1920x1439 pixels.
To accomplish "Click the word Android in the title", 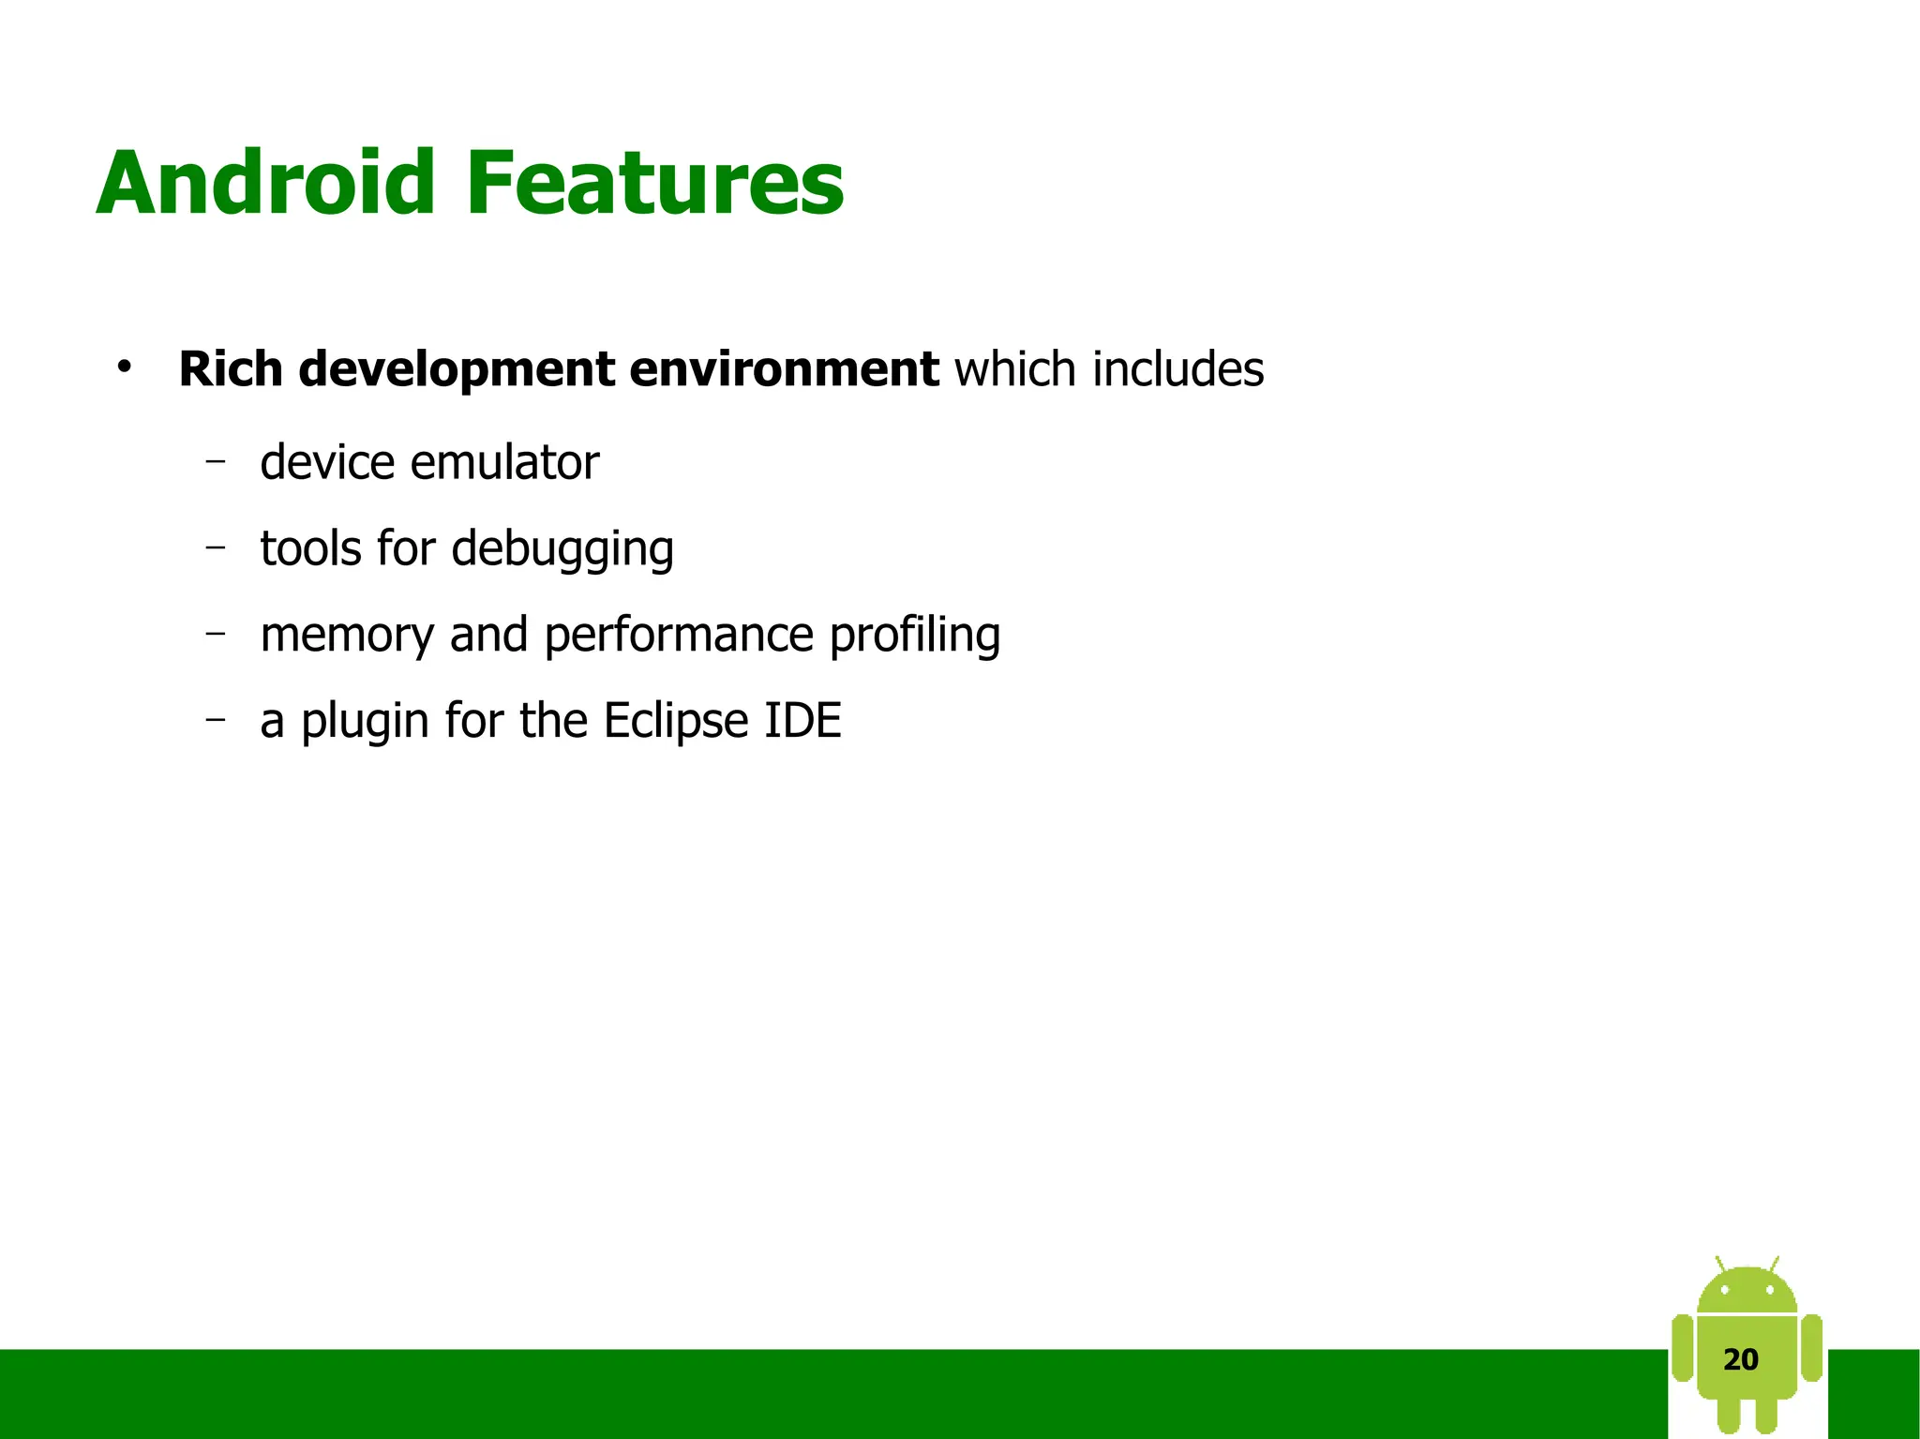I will [x=265, y=183].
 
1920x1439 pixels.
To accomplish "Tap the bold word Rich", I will [x=231, y=368].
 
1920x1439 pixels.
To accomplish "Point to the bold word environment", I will [x=784, y=368].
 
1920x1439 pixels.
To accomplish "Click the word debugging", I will [x=562, y=550].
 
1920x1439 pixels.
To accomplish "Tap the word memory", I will [x=347, y=637].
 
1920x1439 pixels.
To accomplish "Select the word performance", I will [x=679, y=637].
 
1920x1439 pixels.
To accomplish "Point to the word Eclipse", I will [x=676, y=722].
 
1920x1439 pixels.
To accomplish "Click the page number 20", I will [x=1741, y=1359].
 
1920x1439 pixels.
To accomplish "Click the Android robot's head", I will [x=1747, y=1291].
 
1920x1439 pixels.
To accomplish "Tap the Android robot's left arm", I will [x=1683, y=1348].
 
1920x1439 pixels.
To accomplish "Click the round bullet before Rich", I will [x=124, y=367].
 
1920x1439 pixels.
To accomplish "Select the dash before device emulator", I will [x=217, y=460].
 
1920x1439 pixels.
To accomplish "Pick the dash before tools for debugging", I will [x=217, y=546].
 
